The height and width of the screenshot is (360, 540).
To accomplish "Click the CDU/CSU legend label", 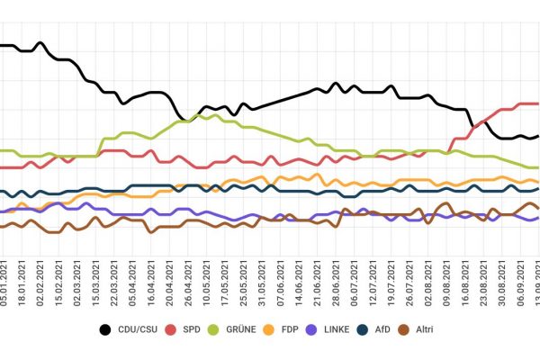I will coord(137,329).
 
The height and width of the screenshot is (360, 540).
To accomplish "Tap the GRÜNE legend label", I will coord(244,329).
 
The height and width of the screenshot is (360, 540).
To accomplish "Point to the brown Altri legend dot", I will coord(408,329).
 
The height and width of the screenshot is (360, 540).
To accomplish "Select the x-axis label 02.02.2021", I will coord(41,283).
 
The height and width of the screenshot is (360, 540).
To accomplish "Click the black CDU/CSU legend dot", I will coord(104,329).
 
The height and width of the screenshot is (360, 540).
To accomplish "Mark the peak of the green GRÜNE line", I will coord(219,114).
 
